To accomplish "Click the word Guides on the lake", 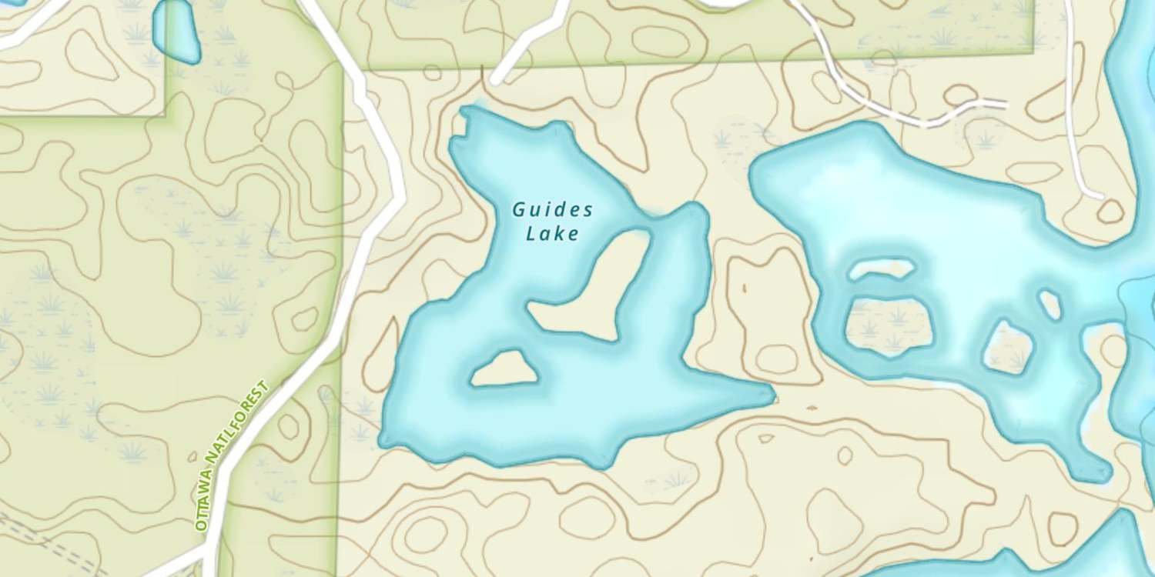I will point(553,209).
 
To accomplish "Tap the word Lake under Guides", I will point(552,234).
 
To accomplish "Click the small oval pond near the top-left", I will point(176,31).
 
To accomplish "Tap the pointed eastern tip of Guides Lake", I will point(772,394).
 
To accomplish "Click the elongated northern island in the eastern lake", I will point(882,269).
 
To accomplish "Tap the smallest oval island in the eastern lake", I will point(1050,303).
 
